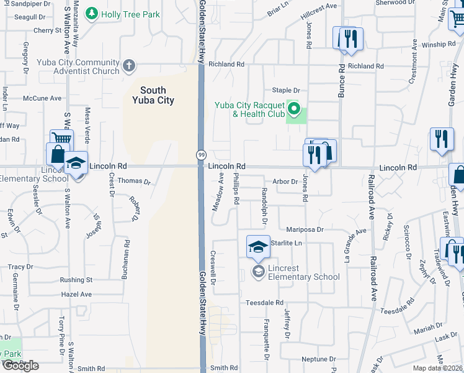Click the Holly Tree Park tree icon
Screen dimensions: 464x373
coord(92,14)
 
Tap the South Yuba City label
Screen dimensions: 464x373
coord(153,95)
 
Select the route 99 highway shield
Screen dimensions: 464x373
coord(202,154)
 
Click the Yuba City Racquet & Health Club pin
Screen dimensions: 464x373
coord(295,112)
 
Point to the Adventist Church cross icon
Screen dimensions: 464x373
coord(128,65)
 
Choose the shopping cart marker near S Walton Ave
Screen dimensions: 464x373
coord(61,140)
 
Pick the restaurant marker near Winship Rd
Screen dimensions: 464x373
coord(351,39)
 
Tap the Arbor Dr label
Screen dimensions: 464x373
coord(285,182)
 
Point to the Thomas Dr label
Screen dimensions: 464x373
coord(134,182)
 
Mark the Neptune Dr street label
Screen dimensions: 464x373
coord(318,359)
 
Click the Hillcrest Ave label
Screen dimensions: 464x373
coord(318,6)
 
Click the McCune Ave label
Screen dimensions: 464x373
coord(42,98)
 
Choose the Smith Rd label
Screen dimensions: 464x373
coord(223,368)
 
